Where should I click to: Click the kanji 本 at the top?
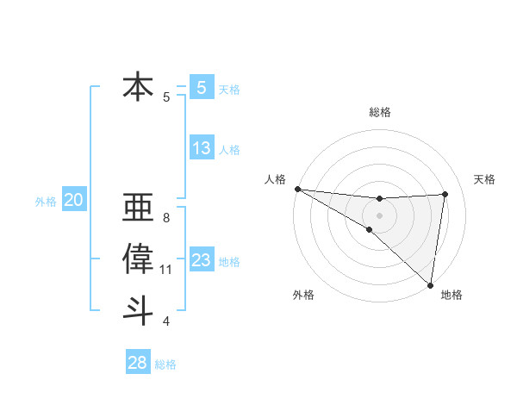tap(138, 87)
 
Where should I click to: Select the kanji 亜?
tap(138, 209)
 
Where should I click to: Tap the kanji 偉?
tap(138, 259)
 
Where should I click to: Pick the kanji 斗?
tap(138, 309)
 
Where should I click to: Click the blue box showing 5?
tap(201, 87)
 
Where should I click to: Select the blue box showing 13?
tap(202, 148)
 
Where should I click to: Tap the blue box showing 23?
tap(202, 260)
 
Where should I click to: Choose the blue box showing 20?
tap(74, 201)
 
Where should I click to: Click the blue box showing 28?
tap(138, 363)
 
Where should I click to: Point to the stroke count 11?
tap(165, 270)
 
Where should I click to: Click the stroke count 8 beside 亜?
tap(165, 218)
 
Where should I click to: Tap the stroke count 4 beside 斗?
tap(165, 321)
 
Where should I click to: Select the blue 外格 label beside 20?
tap(46, 202)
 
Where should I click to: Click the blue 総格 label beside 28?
tap(165, 364)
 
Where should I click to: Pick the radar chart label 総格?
tap(379, 112)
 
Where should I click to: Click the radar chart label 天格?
tap(484, 179)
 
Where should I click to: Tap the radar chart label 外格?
tap(303, 295)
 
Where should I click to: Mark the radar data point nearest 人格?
tap(297, 189)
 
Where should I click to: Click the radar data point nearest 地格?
tap(430, 284)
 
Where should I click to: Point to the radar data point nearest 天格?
tap(445, 194)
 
